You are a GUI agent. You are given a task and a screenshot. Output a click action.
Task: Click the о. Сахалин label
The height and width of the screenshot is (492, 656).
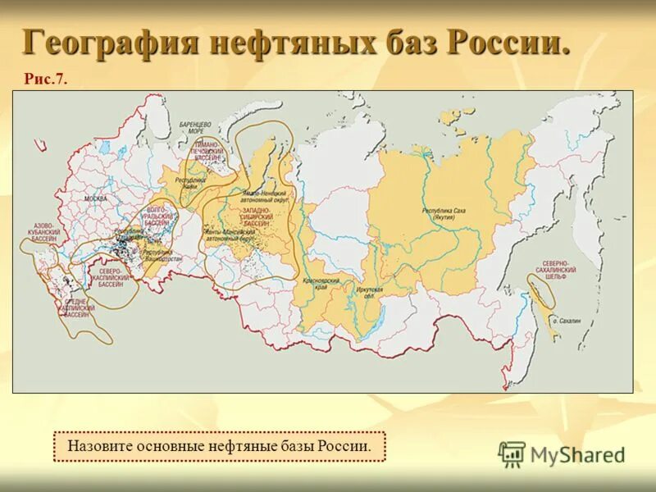click(x=566, y=321)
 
